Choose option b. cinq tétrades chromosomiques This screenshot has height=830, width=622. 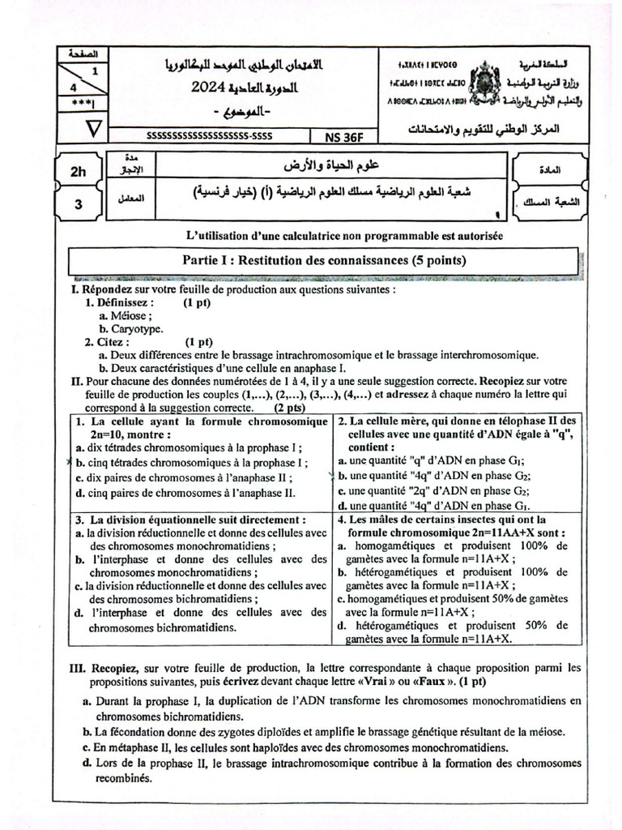pos(190,462)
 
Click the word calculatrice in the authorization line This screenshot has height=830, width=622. pos(296,235)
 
